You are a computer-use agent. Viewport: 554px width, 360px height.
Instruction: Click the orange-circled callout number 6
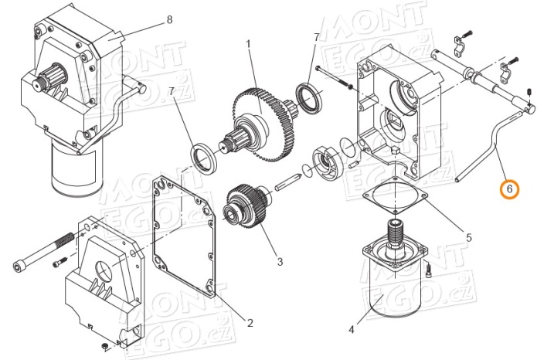click(508, 188)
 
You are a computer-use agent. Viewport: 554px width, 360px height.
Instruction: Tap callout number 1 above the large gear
click(249, 45)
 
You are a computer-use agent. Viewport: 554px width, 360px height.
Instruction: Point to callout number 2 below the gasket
click(250, 323)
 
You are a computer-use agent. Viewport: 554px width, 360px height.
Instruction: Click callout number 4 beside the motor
click(351, 330)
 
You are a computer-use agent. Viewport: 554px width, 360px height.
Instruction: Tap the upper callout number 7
click(316, 38)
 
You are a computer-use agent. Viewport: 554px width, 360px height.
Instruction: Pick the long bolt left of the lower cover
click(39, 258)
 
